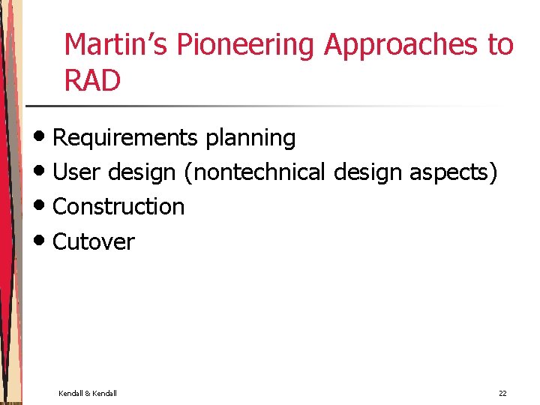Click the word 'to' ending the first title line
coord(501,45)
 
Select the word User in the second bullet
coord(77,172)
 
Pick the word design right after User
coord(142,172)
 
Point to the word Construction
coord(118,206)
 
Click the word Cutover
coord(94,241)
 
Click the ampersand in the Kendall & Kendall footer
coord(88,394)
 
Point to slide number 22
coord(502,394)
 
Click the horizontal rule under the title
coord(262,106)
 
